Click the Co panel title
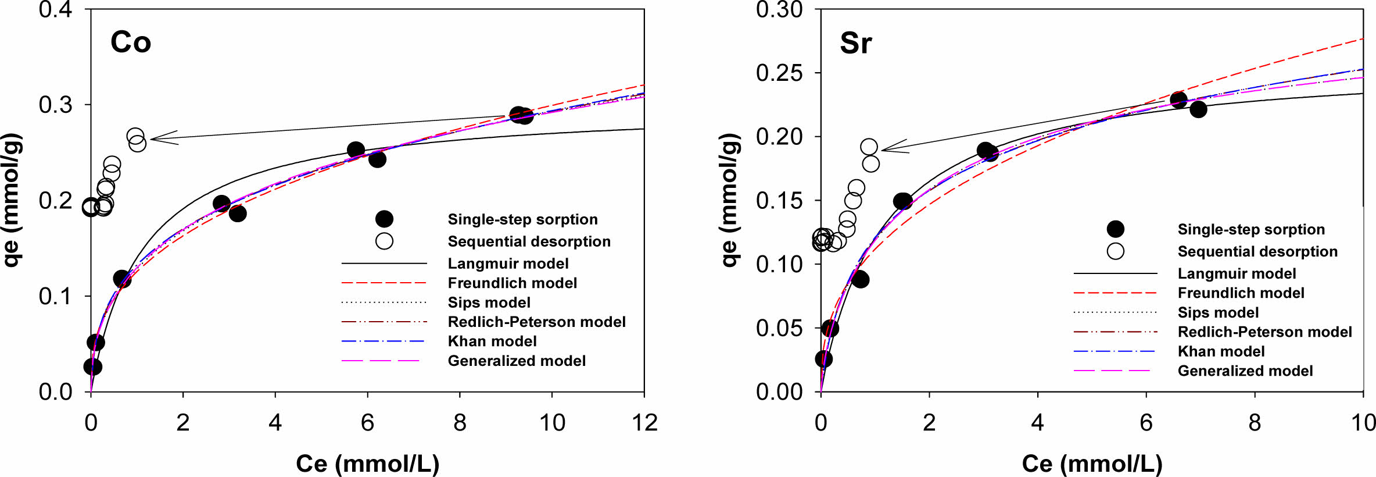pos(131,42)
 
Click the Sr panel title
pos(855,43)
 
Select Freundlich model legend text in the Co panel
pos(512,283)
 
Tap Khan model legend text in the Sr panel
pos(1221,351)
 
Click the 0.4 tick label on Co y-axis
pos(55,10)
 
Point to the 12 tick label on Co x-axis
pos(644,423)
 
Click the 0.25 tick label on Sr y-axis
pos(779,73)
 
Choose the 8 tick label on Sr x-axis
pos(1255,423)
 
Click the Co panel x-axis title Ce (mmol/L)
pos(367,464)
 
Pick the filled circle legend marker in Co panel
pos(384,219)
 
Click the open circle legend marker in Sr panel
pos(1115,251)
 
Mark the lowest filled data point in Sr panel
pos(823,359)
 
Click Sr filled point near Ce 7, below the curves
pos(1198,109)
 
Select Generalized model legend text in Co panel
pos(516,361)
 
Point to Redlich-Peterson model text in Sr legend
pos(1264,332)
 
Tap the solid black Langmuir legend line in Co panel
pos(384,264)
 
